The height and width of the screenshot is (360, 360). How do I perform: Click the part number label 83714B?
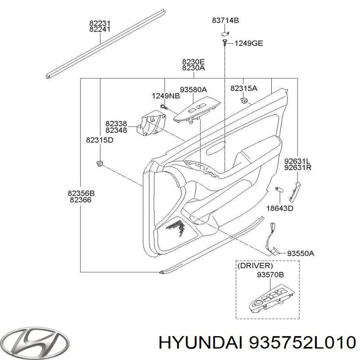click(225, 20)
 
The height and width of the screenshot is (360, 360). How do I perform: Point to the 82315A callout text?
click(243, 88)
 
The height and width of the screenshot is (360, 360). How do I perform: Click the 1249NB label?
click(166, 96)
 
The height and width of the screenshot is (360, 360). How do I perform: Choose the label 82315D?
click(99, 140)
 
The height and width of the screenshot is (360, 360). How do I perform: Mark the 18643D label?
click(279, 208)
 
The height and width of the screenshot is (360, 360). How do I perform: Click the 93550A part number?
click(301, 253)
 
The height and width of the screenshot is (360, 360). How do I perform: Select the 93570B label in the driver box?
click(270, 274)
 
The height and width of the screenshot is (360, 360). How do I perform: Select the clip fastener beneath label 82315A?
click(245, 100)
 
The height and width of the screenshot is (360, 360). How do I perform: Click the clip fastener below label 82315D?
click(99, 162)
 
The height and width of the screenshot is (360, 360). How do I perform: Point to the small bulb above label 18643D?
click(278, 190)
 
